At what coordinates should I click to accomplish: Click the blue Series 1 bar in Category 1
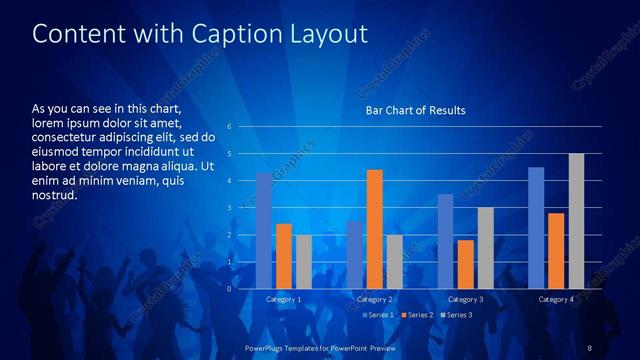264,231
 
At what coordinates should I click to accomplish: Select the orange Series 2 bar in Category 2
375,229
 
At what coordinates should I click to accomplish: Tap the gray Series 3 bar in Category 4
576,221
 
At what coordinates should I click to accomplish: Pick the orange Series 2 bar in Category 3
465,264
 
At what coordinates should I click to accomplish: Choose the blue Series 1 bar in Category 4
536,228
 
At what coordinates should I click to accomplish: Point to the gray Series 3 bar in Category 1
303,262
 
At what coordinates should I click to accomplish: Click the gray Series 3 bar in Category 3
485,248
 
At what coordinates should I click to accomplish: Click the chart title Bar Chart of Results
415,110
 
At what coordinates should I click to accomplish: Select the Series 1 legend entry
378,315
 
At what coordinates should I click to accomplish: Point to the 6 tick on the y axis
229,127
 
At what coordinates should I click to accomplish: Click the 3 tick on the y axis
229,208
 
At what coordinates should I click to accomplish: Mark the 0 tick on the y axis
229,289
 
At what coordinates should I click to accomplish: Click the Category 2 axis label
375,299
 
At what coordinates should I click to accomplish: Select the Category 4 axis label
556,299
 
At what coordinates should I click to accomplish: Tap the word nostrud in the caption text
55,194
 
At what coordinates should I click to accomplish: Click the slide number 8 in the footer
590,346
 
